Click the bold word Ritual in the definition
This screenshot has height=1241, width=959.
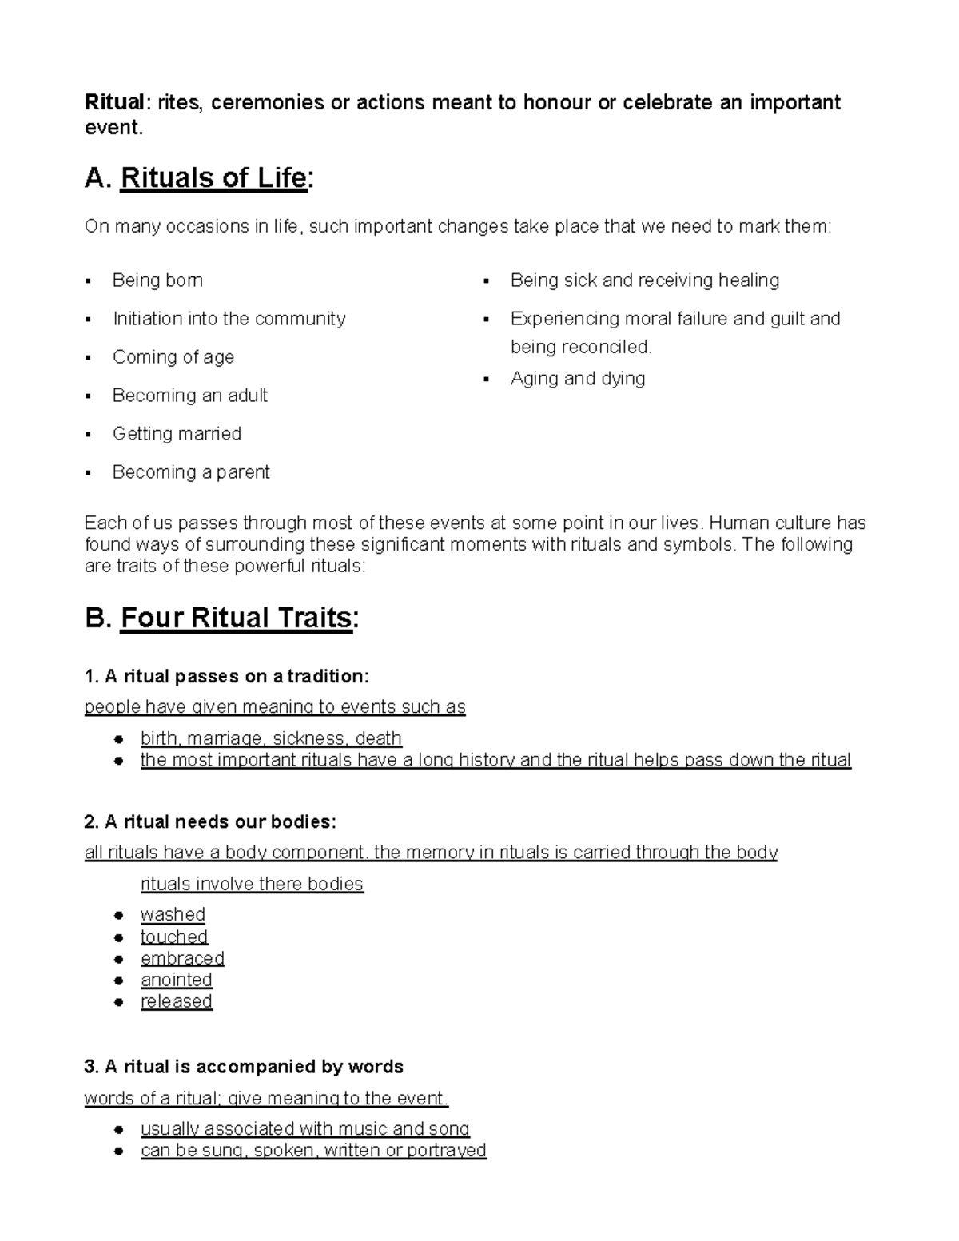[x=115, y=103]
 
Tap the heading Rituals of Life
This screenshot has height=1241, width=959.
[x=213, y=177]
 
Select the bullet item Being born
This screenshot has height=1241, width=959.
[x=157, y=280]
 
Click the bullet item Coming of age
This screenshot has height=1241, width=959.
[x=173, y=357]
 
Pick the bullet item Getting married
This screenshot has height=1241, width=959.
[x=177, y=434]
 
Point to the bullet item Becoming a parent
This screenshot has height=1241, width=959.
[x=191, y=472]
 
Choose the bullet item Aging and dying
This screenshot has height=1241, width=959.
[x=577, y=379]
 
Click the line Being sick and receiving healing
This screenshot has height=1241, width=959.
[x=644, y=280]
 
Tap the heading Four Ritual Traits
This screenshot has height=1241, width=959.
[x=236, y=618]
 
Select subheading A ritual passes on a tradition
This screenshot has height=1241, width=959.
[x=226, y=677]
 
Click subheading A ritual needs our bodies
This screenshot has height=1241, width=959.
[x=210, y=822]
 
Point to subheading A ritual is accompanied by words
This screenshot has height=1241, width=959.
[x=243, y=1067]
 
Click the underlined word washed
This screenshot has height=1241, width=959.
[x=173, y=914]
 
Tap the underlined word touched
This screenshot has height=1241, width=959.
[x=173, y=937]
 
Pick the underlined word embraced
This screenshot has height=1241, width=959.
[x=182, y=958]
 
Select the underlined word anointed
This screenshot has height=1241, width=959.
[x=176, y=980]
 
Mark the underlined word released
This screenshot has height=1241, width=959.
[x=176, y=1001]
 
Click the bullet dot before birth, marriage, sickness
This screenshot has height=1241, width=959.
[x=117, y=739]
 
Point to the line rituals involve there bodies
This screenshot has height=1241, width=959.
[x=252, y=884]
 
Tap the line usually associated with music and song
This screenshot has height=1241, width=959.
[x=304, y=1128]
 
